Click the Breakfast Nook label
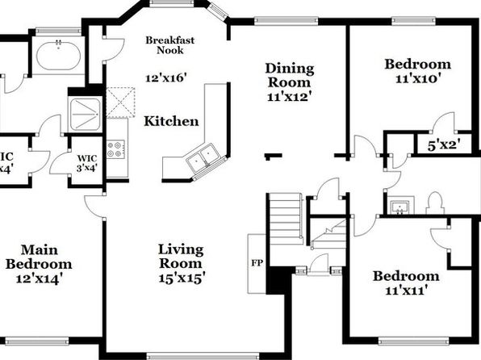click(x=170, y=45)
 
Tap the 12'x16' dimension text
click(x=166, y=77)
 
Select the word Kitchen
click(x=171, y=121)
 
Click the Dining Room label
click(x=290, y=75)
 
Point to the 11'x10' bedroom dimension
click(x=418, y=79)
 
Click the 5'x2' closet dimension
click(x=444, y=145)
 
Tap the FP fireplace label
click(x=257, y=263)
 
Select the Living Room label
click(x=181, y=256)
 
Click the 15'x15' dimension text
click(x=182, y=278)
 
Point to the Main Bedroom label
click(x=39, y=257)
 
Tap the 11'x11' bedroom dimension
click(x=406, y=290)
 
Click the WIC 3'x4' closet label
click(x=87, y=163)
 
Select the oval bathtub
click(x=58, y=56)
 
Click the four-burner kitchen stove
click(x=115, y=149)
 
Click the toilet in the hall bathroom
click(x=435, y=203)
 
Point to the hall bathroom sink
click(x=399, y=207)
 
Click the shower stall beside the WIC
click(x=85, y=115)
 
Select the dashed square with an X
click(x=120, y=103)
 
